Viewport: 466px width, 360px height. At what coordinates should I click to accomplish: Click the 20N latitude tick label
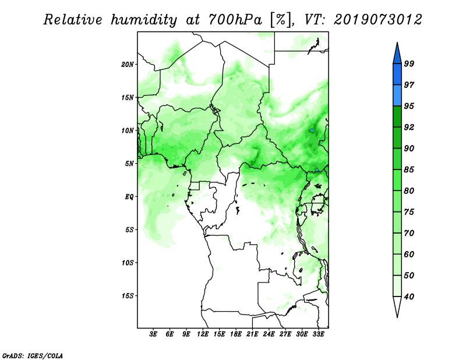[128, 65]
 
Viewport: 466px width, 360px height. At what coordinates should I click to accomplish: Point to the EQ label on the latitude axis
[129, 197]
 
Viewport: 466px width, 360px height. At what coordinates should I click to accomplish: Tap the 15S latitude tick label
[128, 296]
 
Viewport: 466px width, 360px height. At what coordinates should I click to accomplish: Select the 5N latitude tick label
[129, 164]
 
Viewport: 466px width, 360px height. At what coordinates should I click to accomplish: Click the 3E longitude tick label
[153, 334]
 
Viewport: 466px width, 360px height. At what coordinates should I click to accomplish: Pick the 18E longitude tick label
[236, 334]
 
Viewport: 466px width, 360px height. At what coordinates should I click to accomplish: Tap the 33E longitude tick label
[318, 334]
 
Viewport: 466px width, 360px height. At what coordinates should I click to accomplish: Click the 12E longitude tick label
[203, 334]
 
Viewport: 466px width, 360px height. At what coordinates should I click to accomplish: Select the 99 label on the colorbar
[409, 63]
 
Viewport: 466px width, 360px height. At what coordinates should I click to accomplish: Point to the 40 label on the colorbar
[409, 297]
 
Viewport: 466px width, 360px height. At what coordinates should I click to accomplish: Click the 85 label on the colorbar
[409, 170]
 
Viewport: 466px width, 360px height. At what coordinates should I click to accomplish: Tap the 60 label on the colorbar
[409, 255]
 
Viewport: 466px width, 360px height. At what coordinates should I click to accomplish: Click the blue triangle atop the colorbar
[397, 55]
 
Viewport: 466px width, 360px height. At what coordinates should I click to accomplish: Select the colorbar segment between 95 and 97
[397, 96]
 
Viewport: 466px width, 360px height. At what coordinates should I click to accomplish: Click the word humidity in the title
[144, 20]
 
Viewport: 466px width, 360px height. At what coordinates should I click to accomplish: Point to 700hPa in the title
[235, 20]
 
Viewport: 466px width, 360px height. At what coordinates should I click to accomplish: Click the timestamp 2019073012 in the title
[377, 20]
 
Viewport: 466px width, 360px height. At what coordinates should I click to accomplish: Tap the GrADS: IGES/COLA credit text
[33, 355]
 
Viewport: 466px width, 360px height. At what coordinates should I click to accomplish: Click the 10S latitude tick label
[128, 263]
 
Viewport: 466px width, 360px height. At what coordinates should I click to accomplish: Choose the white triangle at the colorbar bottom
[397, 307]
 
